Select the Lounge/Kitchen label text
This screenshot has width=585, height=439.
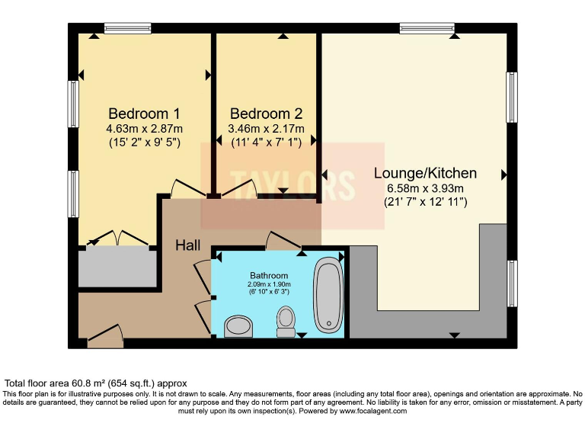[x=425, y=173]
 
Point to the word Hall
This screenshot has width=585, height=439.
[x=188, y=245]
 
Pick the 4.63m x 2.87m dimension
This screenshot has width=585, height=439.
[x=145, y=128]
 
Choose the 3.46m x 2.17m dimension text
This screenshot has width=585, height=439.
[x=266, y=129]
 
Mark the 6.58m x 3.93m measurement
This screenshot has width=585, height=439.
[x=425, y=188]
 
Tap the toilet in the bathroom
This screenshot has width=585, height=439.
[x=286, y=321]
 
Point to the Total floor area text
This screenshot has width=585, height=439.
[x=96, y=383]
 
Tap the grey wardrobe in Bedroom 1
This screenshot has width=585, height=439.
[x=113, y=266]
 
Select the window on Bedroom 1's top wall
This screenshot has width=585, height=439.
[x=127, y=29]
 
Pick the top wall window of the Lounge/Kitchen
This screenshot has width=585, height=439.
[x=427, y=29]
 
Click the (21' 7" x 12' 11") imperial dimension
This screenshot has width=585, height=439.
[x=425, y=202]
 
